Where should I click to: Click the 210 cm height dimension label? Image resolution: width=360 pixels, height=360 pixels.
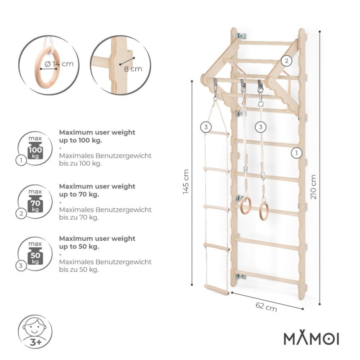(313, 187)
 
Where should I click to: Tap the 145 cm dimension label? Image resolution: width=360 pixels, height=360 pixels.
(186, 182)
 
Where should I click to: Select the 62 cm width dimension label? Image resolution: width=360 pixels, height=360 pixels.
(266, 307)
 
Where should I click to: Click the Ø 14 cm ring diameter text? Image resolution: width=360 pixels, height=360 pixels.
(59, 64)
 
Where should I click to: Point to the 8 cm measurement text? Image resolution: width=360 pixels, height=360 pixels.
(133, 69)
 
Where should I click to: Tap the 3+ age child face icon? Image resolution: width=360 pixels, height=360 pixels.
(35, 332)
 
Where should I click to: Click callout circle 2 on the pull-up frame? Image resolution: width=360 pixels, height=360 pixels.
(286, 61)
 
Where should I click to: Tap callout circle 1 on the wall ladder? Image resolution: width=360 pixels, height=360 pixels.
(297, 153)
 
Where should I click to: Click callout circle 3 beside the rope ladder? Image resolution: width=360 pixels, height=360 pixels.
(206, 127)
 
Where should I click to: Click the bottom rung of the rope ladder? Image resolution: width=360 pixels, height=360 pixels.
(216, 289)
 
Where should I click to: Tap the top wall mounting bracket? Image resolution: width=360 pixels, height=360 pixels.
(241, 36)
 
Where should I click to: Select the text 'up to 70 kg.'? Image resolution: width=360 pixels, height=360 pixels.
(79, 194)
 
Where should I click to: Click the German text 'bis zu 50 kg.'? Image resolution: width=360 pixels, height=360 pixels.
(79, 269)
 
